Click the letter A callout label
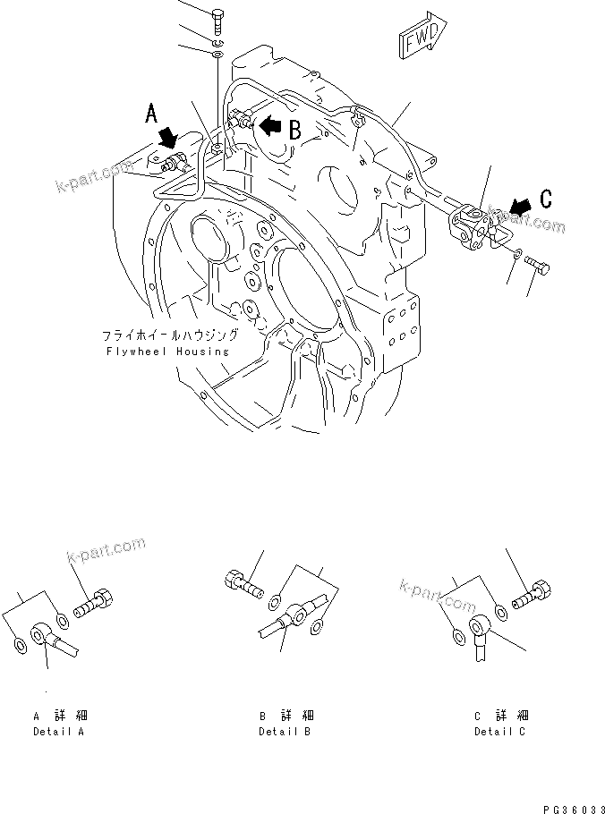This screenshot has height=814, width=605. pos(153,114)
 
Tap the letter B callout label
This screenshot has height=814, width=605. pos(293,129)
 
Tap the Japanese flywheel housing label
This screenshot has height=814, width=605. pos(170,335)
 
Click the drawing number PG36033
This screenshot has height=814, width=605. pos(568,806)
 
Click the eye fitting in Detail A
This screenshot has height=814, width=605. pos(45,636)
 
